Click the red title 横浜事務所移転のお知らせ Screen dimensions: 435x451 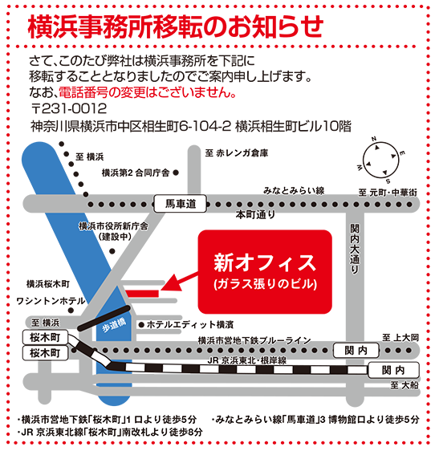(176, 26)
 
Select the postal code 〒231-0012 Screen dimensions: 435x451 (69, 108)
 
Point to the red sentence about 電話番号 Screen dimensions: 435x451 (148, 92)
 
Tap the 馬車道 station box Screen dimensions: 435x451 (180, 204)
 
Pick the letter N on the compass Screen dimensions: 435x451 (374, 139)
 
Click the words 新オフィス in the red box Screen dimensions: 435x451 (265, 262)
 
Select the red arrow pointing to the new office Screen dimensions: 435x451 (179, 281)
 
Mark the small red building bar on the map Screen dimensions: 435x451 (142, 294)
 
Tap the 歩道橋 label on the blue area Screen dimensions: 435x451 (114, 325)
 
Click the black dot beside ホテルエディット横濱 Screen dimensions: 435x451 (141, 325)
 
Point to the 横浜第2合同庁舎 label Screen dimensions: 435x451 (136, 173)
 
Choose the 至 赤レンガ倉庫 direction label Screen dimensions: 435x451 (237, 153)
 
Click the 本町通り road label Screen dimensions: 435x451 (255, 214)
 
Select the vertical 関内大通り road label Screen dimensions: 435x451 (355, 249)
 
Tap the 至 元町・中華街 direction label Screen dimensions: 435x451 (388, 193)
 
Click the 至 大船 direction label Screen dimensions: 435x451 (405, 385)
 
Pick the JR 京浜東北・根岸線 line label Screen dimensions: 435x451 (247, 360)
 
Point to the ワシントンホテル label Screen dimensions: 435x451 (51, 301)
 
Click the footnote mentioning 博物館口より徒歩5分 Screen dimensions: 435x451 (315, 420)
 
